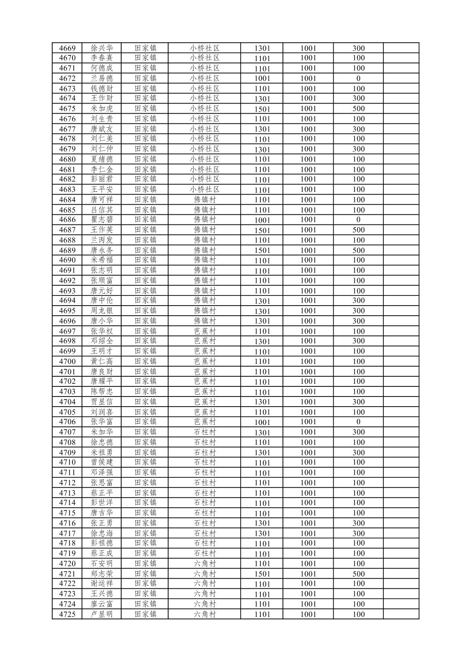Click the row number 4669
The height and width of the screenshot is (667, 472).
coord(67,48)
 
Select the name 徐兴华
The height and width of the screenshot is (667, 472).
coord(102,48)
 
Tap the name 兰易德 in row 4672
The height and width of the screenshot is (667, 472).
coord(102,78)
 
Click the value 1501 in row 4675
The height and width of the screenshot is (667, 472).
coord(262,109)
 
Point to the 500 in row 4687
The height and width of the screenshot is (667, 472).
coord(358,230)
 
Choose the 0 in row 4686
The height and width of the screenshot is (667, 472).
coord(358,220)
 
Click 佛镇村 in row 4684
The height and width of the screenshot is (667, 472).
coord(205,200)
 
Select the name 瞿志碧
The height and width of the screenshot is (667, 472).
coord(102,220)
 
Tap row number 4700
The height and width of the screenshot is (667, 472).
coord(67,361)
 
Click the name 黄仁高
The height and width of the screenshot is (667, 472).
coord(102,361)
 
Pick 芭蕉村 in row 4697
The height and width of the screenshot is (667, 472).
coord(205,331)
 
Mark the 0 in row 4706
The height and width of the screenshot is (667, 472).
coord(358,422)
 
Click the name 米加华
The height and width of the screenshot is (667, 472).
coord(102,432)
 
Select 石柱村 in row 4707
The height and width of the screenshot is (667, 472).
coord(205,432)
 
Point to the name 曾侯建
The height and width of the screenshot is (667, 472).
coord(102,462)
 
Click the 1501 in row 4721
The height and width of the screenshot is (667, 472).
coord(262,574)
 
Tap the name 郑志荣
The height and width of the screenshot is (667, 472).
coord(102,573)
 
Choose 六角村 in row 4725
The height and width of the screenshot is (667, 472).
coord(205,614)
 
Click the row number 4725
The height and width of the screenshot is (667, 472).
coord(67,614)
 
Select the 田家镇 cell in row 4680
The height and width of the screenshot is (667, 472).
coord(145,159)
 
